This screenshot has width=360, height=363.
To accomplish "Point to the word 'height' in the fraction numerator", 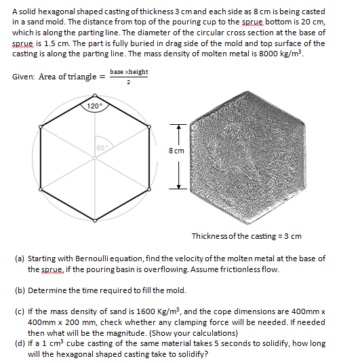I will point(138,72).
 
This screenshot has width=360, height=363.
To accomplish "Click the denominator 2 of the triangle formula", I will point(128,82).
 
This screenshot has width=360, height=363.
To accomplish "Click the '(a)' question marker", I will point(19,259).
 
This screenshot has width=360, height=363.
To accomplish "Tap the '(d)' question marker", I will point(19,343).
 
